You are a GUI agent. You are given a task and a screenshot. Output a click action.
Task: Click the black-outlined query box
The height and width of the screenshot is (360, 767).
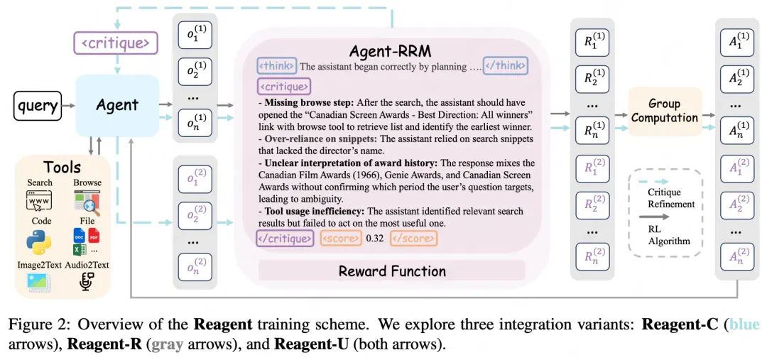[38, 106]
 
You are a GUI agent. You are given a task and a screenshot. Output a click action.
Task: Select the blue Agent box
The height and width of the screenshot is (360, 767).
[117, 105]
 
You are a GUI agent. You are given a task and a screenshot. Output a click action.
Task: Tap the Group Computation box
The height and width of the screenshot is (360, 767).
[665, 111]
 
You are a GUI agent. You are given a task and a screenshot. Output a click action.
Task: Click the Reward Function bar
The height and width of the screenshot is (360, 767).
[392, 271]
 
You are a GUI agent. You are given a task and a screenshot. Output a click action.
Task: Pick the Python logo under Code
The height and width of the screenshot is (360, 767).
[38, 241]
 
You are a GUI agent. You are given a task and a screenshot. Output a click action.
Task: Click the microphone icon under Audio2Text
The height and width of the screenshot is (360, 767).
[87, 282]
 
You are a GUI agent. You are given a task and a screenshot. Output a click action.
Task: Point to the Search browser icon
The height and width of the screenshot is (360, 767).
[38, 201]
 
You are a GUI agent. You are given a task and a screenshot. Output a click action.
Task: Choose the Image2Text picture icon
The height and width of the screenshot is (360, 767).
[38, 283]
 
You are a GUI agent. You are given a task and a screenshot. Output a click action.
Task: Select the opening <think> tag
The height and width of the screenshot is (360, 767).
[277, 65]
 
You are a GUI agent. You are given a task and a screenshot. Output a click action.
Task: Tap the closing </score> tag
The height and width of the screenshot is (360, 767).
[413, 239]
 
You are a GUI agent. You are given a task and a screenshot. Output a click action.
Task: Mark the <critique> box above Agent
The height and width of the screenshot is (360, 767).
[116, 43]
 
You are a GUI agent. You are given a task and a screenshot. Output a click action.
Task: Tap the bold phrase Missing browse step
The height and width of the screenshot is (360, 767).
[308, 103]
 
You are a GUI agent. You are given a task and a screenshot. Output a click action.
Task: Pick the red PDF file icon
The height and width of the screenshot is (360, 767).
[94, 235]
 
